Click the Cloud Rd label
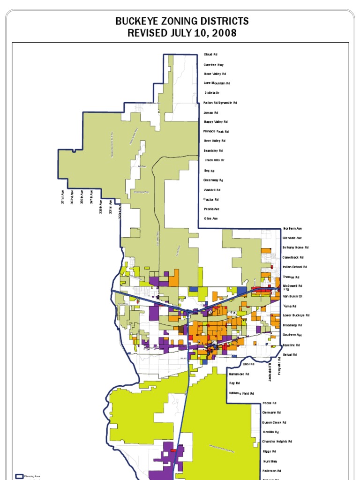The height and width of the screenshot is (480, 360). pyautogui.click(x=210, y=55)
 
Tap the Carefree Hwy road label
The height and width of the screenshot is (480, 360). pyautogui.click(x=214, y=65)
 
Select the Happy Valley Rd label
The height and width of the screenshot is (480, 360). pyautogui.click(x=216, y=122)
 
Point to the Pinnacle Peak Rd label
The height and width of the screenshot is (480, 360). pyautogui.click(x=216, y=132)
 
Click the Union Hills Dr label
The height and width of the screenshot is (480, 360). pyautogui.click(x=215, y=160)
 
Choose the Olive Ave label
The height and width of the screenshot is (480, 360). pyautogui.click(x=211, y=218)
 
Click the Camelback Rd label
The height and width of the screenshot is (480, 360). pyautogui.click(x=293, y=257)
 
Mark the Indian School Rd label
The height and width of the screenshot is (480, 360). pyautogui.click(x=295, y=267)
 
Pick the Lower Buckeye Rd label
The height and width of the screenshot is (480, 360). pyautogui.click(x=296, y=315)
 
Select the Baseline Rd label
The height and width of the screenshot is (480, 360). pyautogui.click(x=292, y=345)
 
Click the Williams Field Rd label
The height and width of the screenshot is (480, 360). pyautogui.click(x=241, y=393)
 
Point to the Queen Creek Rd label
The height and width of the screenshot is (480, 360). pyautogui.click(x=274, y=422)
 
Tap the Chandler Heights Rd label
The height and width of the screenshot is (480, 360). pyautogui.click(x=277, y=442)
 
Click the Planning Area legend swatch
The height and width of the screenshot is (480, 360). pyautogui.click(x=19, y=476)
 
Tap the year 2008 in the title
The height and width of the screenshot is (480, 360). pyautogui.click(x=224, y=33)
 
